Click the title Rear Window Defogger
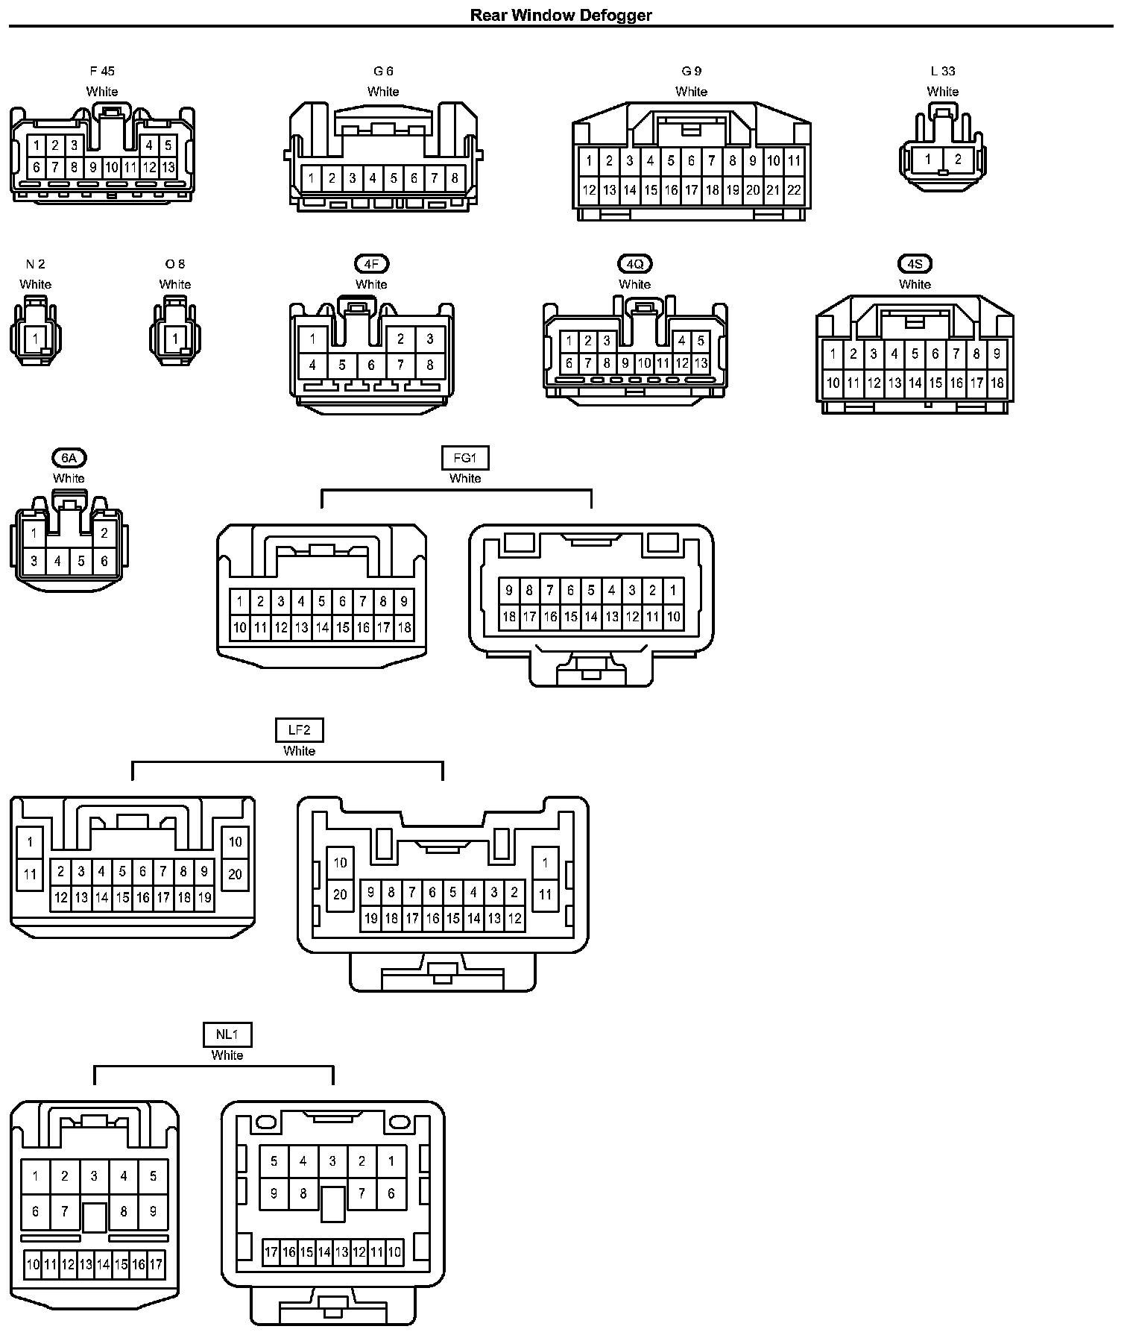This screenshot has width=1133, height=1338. tap(561, 15)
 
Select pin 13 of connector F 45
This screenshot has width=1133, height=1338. tap(168, 167)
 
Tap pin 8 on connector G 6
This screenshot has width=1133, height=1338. tap(455, 178)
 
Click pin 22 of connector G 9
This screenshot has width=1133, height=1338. tap(794, 190)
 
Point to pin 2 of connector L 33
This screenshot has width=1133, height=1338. tap(958, 159)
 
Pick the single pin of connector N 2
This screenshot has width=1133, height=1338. tap(35, 339)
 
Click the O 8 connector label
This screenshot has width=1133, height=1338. tap(175, 264)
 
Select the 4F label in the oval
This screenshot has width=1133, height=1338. tap(371, 264)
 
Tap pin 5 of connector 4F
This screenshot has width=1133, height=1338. tap(342, 365)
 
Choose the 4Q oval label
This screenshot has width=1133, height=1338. tap(634, 264)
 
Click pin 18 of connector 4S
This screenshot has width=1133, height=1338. tap(997, 383)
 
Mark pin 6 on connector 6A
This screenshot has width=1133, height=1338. tap(104, 561)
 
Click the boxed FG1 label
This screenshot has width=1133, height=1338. tap(465, 458)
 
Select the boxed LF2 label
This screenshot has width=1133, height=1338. tap(299, 730)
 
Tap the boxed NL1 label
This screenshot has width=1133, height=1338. tap(227, 1034)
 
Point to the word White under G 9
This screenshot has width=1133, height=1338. tap(691, 92)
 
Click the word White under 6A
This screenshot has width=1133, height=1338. tap(69, 478)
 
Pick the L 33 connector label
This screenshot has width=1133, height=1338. tap(942, 72)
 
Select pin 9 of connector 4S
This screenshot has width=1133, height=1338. tap(997, 354)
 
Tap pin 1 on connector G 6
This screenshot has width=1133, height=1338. tap(312, 178)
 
